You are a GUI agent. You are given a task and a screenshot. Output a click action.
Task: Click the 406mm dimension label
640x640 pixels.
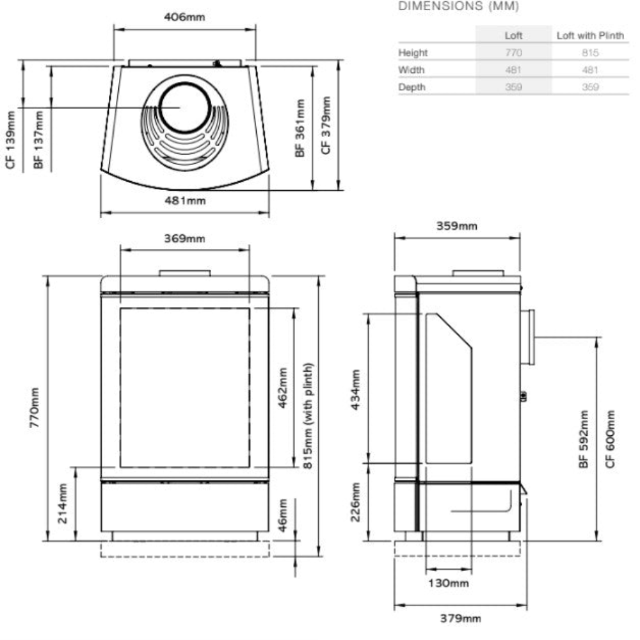pyautogui.click(x=185, y=17)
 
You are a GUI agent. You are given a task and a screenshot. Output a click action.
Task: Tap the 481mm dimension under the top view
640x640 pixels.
pyautogui.click(x=185, y=200)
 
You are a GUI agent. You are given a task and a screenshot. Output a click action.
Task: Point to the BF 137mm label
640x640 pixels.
pyautogui.click(x=38, y=140)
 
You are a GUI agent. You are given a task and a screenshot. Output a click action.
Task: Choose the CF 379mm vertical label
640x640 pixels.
pyautogui.click(x=326, y=126)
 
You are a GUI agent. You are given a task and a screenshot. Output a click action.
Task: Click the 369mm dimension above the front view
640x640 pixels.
pyautogui.click(x=185, y=239)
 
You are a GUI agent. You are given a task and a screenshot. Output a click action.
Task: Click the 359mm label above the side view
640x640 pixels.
pyautogui.click(x=457, y=226)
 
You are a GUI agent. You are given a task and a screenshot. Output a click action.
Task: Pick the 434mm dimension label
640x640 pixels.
pyautogui.click(x=355, y=389)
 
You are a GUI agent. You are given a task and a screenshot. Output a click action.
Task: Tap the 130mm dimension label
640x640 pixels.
pyautogui.click(x=449, y=583)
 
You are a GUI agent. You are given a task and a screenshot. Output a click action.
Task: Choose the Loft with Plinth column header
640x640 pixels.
pyautogui.click(x=589, y=36)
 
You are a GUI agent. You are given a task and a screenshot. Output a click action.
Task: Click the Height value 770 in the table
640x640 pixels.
pyautogui.click(x=513, y=52)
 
